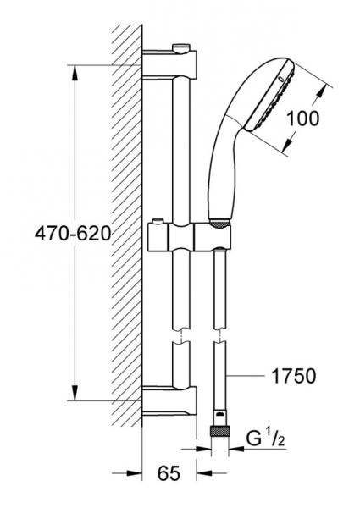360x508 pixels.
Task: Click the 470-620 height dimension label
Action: [73, 234]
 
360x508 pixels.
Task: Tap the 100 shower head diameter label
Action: [303, 119]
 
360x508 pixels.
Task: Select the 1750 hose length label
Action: [293, 376]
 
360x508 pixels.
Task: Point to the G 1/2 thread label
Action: [265, 438]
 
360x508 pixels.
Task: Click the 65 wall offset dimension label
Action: [169, 473]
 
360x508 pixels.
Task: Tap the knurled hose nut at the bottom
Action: [220, 432]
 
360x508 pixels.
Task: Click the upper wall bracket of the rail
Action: [169, 64]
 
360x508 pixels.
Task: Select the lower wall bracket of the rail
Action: [169, 400]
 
